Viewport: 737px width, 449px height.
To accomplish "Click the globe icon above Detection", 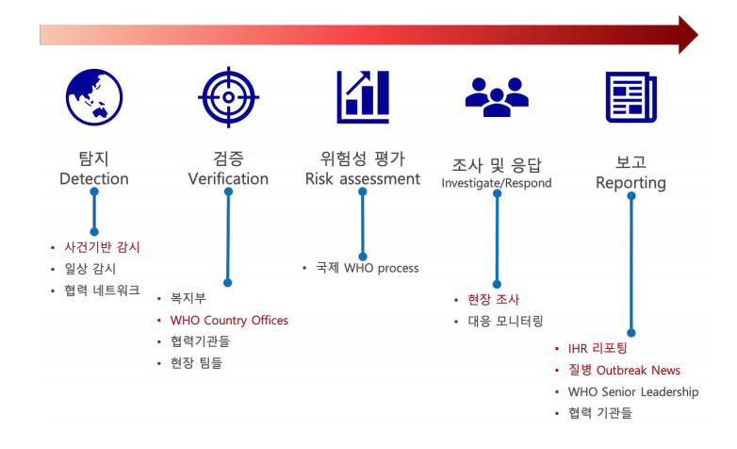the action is click(x=94, y=97).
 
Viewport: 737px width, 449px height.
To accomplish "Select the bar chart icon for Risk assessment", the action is click(x=363, y=97).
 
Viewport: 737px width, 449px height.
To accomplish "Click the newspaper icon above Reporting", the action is click(x=631, y=97).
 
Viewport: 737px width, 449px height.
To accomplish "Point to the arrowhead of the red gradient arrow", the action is click(x=687, y=35).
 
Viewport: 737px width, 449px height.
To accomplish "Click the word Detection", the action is click(x=94, y=179).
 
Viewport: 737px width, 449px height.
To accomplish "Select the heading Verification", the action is click(x=228, y=179).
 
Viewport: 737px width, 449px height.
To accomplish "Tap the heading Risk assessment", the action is click(x=363, y=179).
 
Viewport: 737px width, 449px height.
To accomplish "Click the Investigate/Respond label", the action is click(x=497, y=183).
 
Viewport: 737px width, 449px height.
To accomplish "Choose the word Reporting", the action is click(x=631, y=183).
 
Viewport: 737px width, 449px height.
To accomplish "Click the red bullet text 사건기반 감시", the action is click(x=102, y=247).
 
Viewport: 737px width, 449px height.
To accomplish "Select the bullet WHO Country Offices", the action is click(x=229, y=321).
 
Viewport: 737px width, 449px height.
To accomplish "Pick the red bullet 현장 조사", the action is click(x=493, y=300).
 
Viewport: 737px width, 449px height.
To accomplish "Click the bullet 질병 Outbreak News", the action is click(x=624, y=371).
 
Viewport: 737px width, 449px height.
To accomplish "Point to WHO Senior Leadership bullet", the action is click(x=633, y=391).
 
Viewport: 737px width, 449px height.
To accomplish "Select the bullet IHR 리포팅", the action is click(x=598, y=349).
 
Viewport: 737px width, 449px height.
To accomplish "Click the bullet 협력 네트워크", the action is click(x=102, y=291).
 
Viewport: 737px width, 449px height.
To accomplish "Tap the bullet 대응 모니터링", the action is click(x=506, y=322).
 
